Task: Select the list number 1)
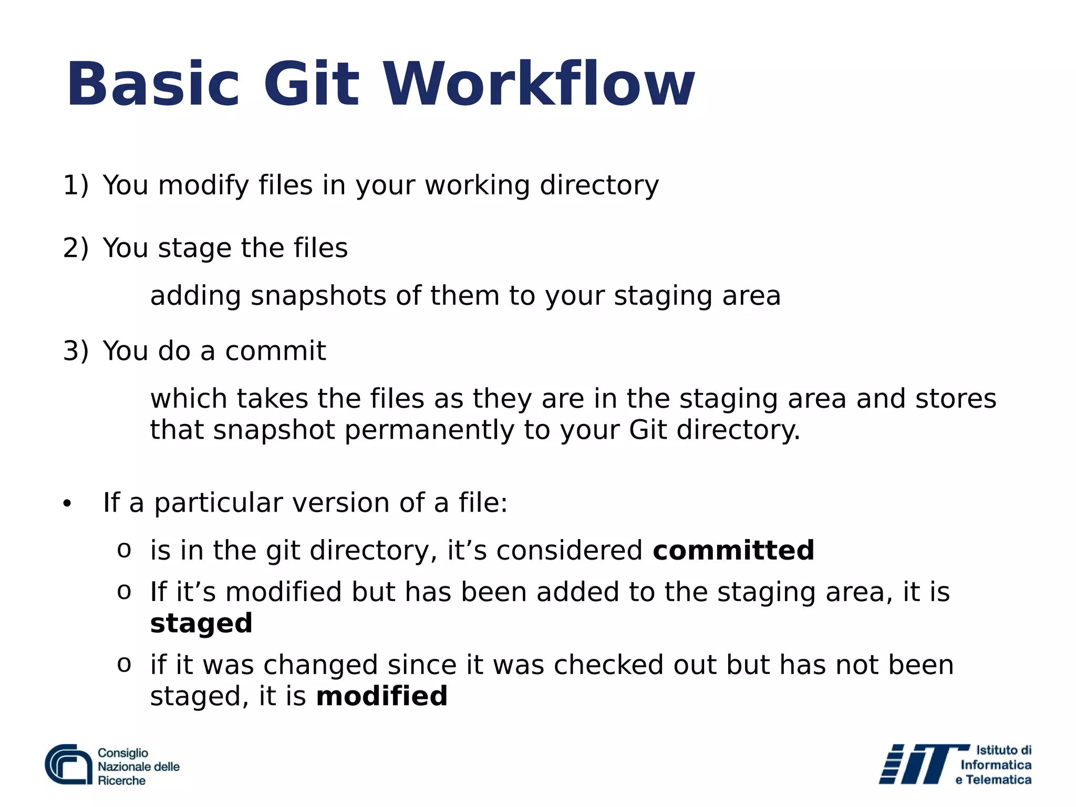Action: click(x=76, y=185)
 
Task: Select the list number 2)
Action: click(x=76, y=248)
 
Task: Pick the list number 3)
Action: click(x=76, y=351)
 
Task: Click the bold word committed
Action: click(x=733, y=551)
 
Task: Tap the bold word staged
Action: click(x=201, y=624)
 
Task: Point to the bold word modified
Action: click(x=382, y=696)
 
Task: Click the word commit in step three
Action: click(x=275, y=351)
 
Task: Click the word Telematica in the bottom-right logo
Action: click(x=998, y=780)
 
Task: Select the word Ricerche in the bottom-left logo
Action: click(x=121, y=781)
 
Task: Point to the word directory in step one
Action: click(x=599, y=185)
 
